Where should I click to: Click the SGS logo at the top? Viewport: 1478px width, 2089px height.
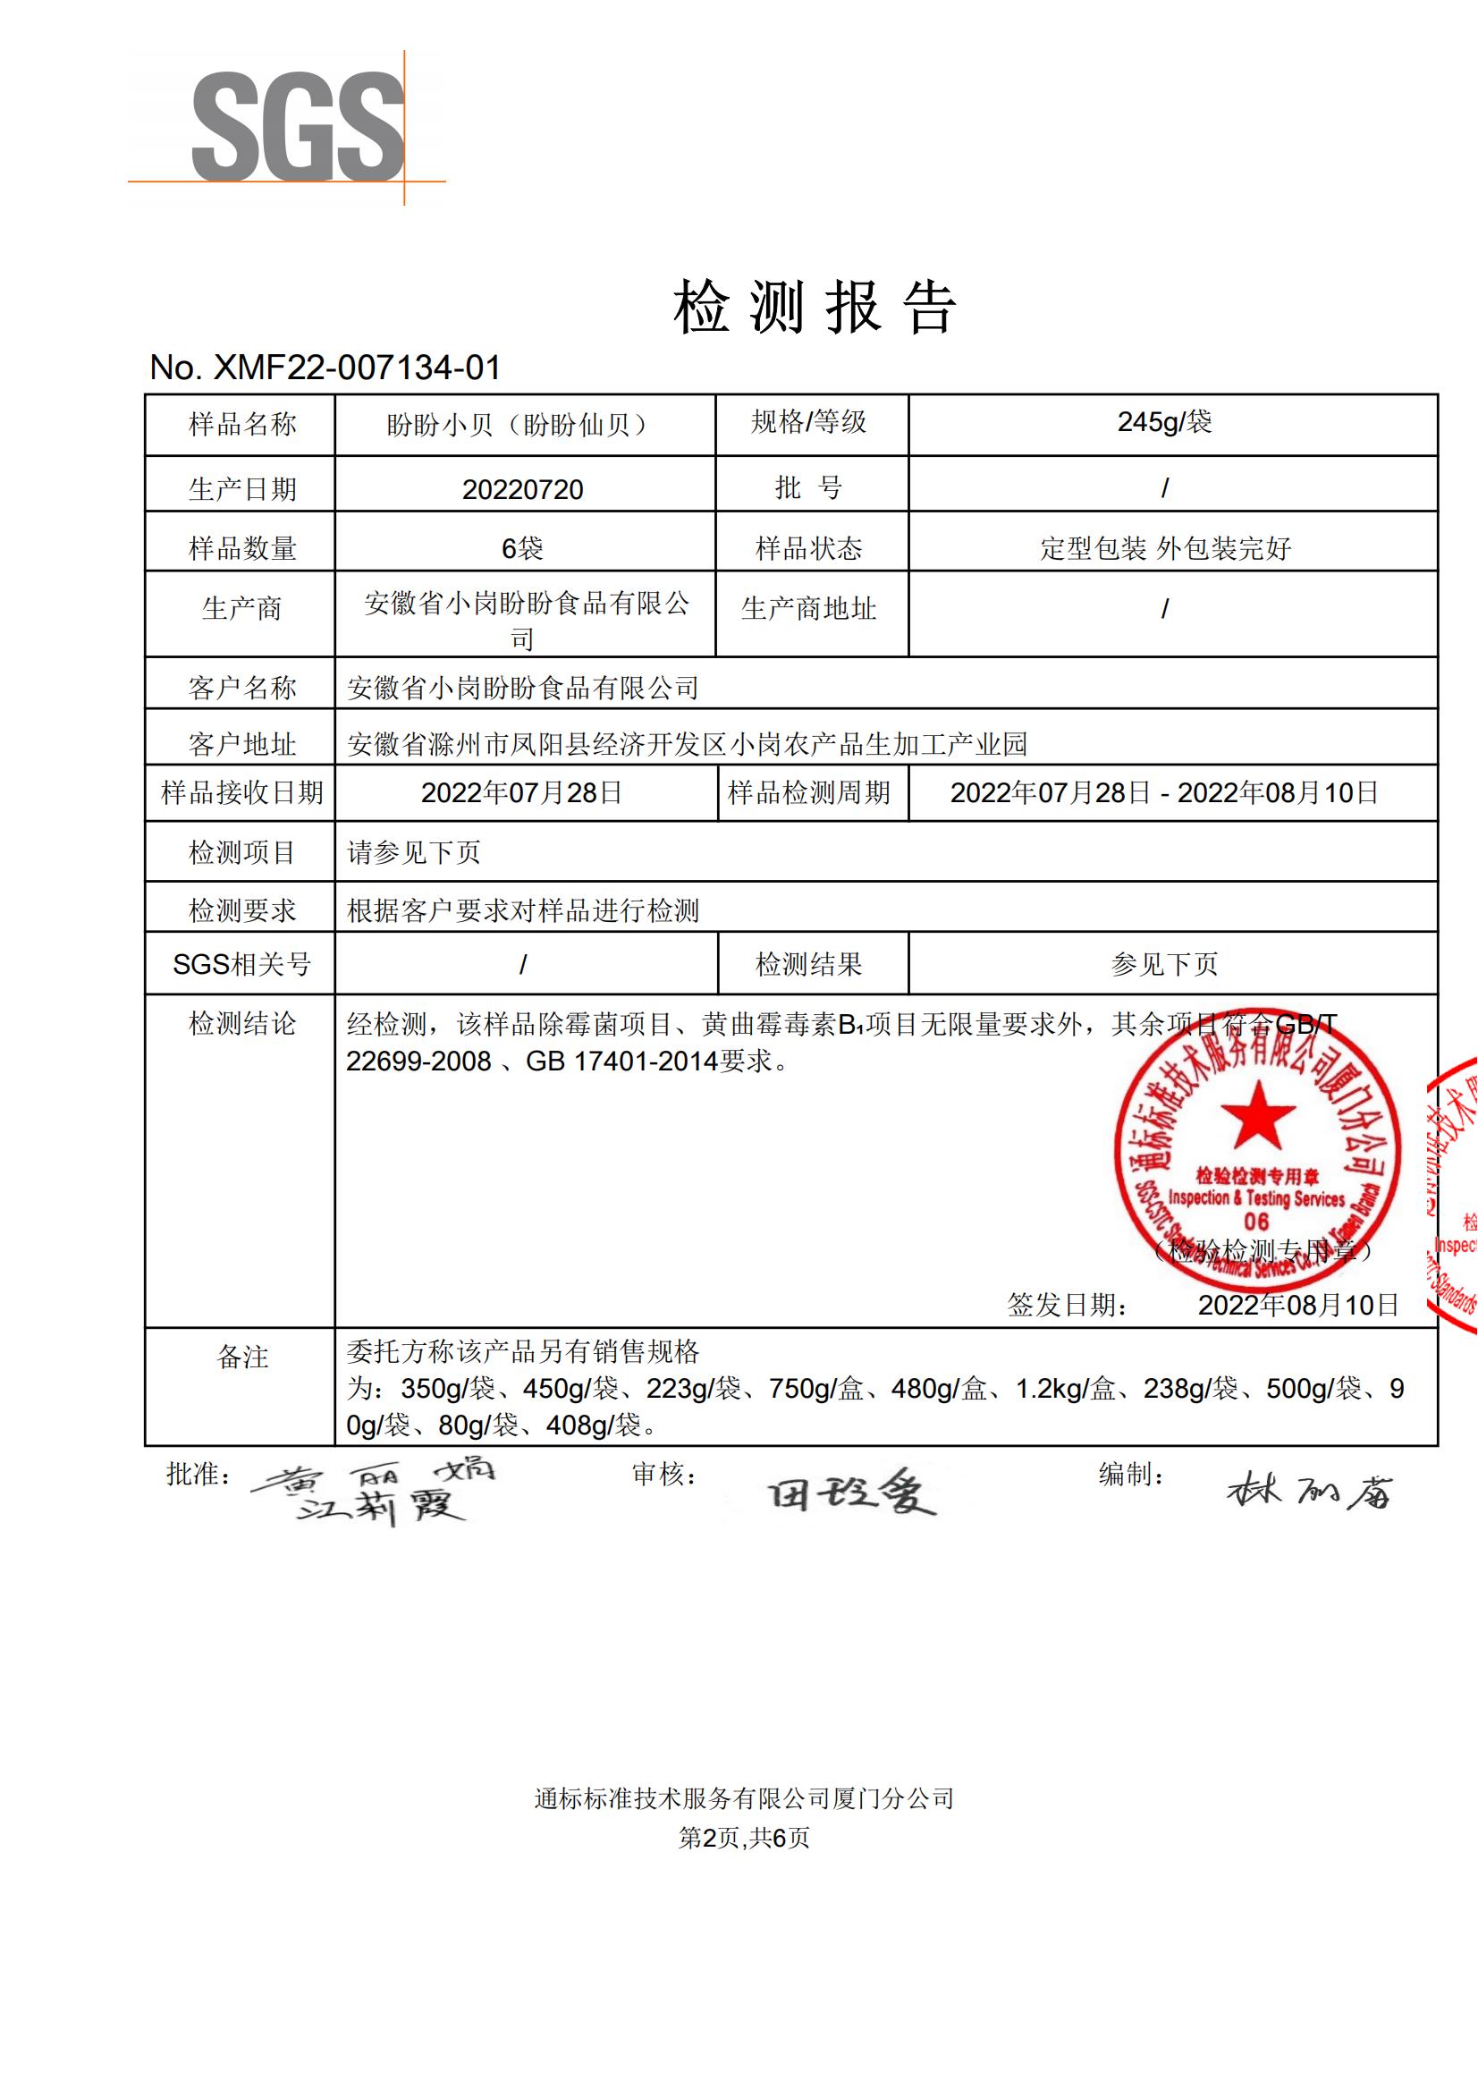coord(297,128)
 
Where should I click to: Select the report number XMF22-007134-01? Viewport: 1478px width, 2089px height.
coord(325,368)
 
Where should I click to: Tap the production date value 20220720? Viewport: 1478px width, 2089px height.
coord(522,490)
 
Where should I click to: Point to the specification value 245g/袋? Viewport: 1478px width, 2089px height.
coord(1164,422)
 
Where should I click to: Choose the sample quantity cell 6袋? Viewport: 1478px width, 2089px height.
coord(522,548)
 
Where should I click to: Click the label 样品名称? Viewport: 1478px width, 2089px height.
coord(241,424)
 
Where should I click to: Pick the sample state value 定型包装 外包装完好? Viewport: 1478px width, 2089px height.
coord(1165,548)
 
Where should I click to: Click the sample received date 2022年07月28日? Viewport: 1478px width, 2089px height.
coord(521,793)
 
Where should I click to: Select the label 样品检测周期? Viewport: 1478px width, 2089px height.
coord(808,793)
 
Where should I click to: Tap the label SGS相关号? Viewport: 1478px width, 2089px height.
coord(241,964)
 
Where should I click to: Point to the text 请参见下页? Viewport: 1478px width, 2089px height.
coord(414,852)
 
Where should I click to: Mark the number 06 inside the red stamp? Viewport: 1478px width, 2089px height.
coord(1256,1222)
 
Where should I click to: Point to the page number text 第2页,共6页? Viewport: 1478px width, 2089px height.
coord(744,1838)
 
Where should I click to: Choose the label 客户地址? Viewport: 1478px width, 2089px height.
coord(241,744)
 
